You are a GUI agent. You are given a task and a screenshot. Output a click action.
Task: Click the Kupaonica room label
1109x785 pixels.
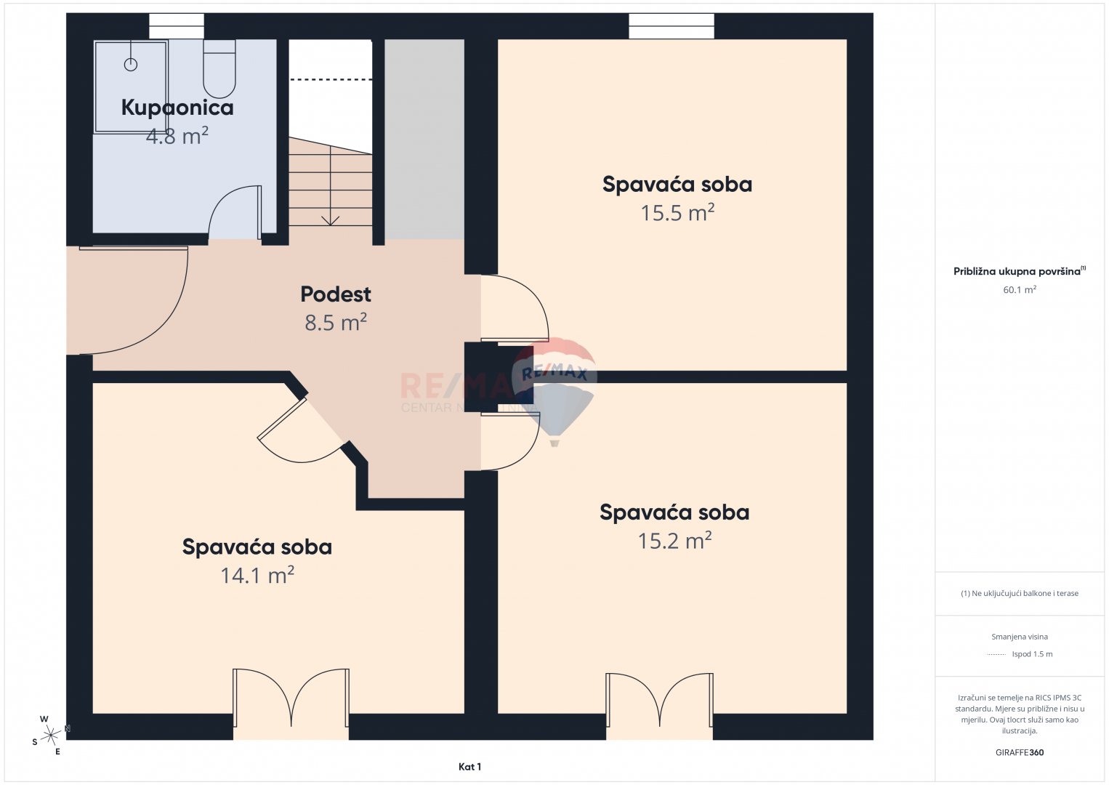tap(177, 108)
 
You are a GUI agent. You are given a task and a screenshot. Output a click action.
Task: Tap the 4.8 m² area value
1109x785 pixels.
tap(177, 136)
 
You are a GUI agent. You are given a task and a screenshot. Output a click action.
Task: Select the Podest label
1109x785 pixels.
tap(336, 294)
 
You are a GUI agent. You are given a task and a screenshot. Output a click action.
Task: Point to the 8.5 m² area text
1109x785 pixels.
tap(336, 322)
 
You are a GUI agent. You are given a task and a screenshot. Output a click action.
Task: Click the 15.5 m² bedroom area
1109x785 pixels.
tap(677, 212)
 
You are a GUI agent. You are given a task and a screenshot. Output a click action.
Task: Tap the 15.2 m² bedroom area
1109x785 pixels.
tap(674, 540)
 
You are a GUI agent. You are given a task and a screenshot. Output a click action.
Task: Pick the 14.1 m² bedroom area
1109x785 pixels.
tap(257, 575)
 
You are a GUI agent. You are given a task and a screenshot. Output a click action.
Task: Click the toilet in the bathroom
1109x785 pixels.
tap(219, 68)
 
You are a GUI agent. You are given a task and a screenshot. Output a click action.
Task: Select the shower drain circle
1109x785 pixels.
tap(131, 65)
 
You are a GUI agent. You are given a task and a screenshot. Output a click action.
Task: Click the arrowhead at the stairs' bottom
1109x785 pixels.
tap(330, 222)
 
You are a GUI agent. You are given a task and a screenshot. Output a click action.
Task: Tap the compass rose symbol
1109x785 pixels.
tap(50, 735)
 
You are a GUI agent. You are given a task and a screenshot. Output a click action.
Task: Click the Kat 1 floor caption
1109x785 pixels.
tap(470, 767)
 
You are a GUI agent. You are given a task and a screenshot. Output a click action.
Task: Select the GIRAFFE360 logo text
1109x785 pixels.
tap(1020, 752)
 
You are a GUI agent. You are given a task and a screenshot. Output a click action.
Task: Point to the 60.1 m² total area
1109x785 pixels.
tap(1020, 290)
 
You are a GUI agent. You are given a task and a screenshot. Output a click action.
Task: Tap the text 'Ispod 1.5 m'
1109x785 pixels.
tap(1032, 653)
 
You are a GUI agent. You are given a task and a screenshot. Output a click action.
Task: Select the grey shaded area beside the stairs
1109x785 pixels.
tap(424, 139)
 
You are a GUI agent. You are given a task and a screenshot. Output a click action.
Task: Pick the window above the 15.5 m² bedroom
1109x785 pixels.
tap(672, 25)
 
